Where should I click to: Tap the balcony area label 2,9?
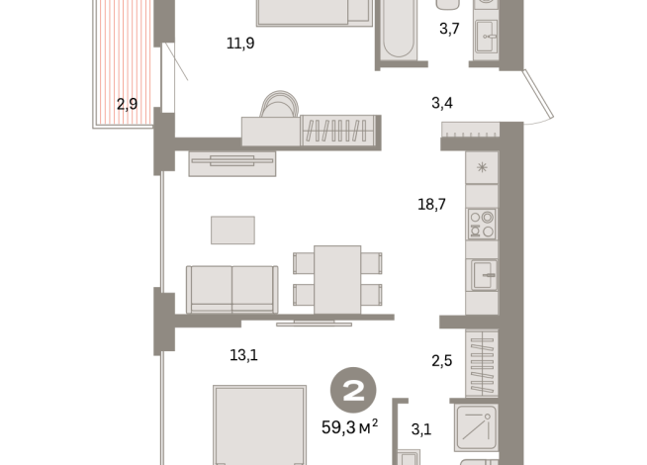pyautogui.click(x=127, y=103)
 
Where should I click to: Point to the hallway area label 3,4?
pyautogui.click(x=442, y=101)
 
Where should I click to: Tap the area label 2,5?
pyautogui.click(x=441, y=360)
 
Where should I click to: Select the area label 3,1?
pyautogui.click(x=421, y=428)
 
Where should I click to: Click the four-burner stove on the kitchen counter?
pyautogui.click(x=482, y=225)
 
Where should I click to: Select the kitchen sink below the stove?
pyautogui.click(x=482, y=273)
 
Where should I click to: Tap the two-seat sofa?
pyautogui.click(x=232, y=288)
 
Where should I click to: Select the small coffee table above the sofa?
pyautogui.click(x=232, y=230)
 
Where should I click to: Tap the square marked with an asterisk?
pyautogui.click(x=482, y=167)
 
